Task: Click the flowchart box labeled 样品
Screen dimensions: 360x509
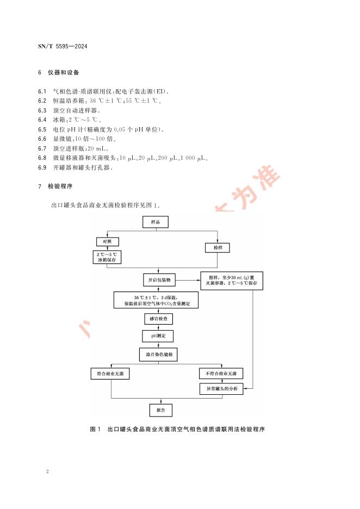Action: (x=156, y=222)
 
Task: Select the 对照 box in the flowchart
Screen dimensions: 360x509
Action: (x=107, y=241)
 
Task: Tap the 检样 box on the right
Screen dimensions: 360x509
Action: (x=218, y=247)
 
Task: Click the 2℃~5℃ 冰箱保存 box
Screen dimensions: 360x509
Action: (x=107, y=257)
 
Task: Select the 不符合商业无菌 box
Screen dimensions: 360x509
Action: (x=221, y=374)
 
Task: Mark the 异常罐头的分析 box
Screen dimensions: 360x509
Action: (x=221, y=389)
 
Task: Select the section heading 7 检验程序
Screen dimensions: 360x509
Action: (x=56, y=186)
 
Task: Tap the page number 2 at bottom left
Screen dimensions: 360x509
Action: (x=48, y=471)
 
